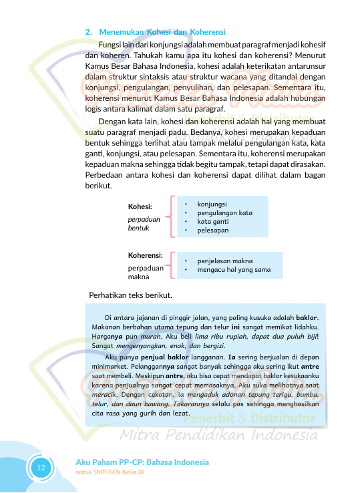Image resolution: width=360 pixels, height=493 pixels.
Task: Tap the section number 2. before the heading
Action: tap(89, 31)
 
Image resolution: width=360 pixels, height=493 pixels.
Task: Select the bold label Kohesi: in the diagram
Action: tap(140, 206)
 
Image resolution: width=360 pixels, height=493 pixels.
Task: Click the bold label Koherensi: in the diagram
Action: tap(146, 255)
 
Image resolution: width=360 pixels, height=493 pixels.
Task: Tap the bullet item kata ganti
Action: tap(212, 221)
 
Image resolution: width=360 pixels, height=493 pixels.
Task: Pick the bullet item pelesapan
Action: tap(213, 230)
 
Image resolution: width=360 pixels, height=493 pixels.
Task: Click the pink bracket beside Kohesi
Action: tap(173, 216)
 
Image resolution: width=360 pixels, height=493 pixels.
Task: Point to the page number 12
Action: tap(41, 467)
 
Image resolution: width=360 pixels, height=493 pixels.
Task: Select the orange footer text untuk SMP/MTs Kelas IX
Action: tap(112, 472)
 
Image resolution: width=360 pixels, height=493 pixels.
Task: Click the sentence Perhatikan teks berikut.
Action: tap(131, 295)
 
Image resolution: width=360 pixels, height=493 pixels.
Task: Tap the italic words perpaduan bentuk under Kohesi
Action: tap(143, 223)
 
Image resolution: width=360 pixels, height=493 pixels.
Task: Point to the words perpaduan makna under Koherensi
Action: tap(146, 272)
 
